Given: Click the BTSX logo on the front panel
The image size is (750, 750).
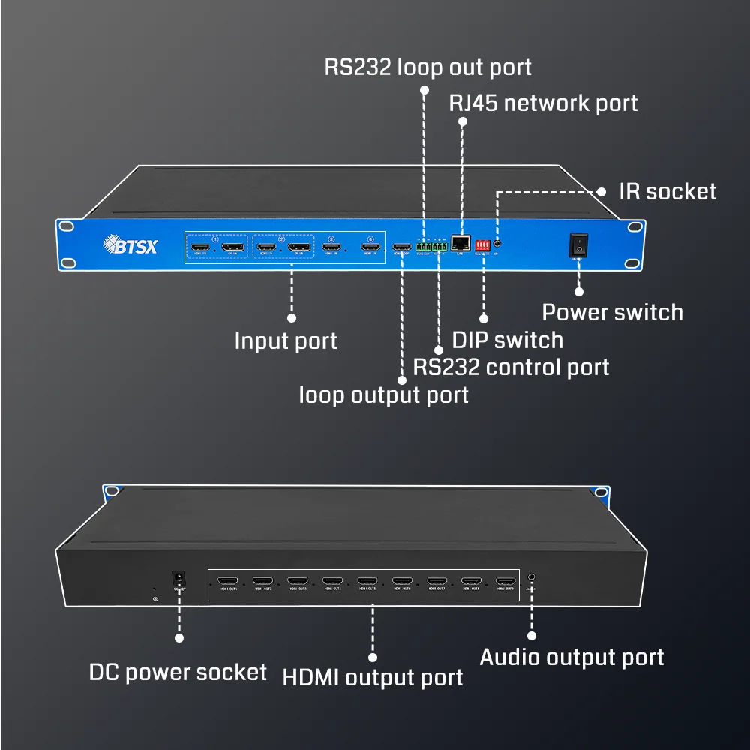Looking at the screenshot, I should click(130, 245).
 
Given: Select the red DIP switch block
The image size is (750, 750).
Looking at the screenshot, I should click(482, 244).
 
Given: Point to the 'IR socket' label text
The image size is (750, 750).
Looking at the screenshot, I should click(667, 191).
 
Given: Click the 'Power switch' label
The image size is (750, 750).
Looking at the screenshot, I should click(612, 312).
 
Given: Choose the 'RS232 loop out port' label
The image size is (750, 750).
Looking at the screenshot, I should click(427, 67).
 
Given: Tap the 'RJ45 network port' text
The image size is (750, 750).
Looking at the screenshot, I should click(543, 103).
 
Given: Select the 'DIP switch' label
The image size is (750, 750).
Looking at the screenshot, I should click(507, 340).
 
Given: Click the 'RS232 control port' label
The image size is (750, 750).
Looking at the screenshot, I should click(511, 367).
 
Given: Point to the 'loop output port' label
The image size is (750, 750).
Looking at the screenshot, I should click(383, 394).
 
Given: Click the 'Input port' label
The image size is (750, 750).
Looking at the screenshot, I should click(286, 341).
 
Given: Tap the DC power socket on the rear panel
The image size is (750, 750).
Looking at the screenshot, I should click(178, 579).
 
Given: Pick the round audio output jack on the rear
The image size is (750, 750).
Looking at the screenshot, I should click(532, 578).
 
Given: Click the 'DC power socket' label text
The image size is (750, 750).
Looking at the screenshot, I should click(178, 672).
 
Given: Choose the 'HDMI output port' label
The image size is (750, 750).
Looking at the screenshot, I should click(372, 678).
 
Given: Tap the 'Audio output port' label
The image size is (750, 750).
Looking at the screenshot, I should click(571, 658).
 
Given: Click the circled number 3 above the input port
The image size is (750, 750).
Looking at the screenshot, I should click(331, 238).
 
